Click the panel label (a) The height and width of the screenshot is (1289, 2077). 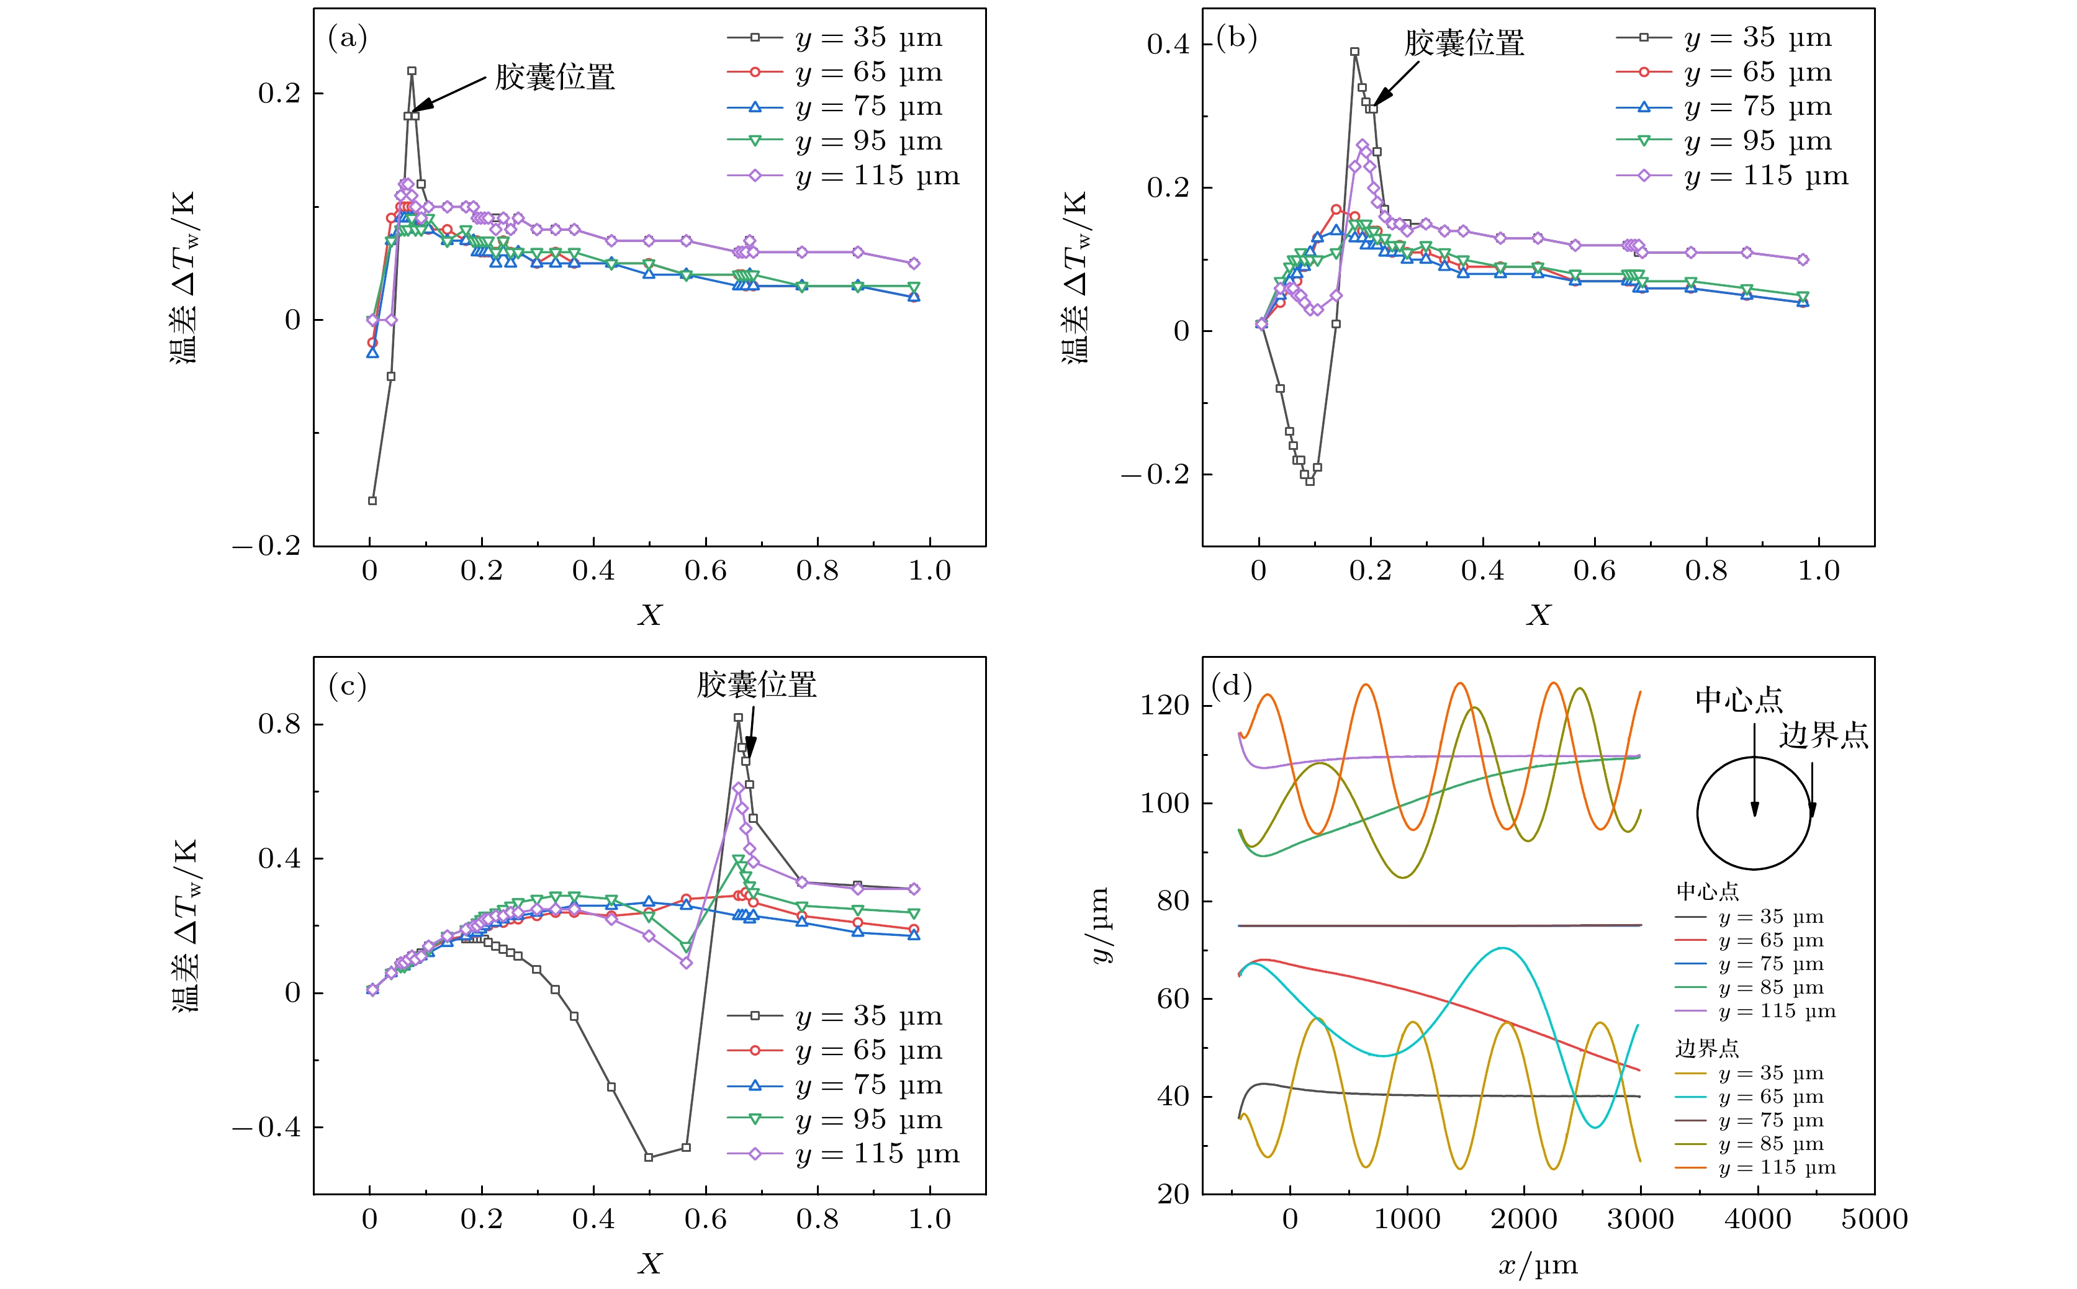[x=347, y=38]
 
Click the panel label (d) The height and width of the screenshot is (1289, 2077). [x=1231, y=685]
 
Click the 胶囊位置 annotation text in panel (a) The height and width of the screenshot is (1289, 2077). [x=555, y=78]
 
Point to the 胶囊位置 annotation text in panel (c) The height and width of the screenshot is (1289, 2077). [x=756, y=685]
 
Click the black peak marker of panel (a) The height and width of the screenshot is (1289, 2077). [x=412, y=71]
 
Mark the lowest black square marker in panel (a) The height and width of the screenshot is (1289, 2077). [x=372, y=500]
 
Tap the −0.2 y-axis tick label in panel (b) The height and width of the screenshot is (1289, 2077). [x=1155, y=475]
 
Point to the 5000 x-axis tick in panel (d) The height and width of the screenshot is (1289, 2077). [x=1874, y=1219]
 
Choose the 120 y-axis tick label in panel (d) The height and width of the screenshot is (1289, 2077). [x=1165, y=706]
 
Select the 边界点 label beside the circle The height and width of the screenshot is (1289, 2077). [x=1824, y=735]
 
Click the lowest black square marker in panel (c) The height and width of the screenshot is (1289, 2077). [x=649, y=1157]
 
